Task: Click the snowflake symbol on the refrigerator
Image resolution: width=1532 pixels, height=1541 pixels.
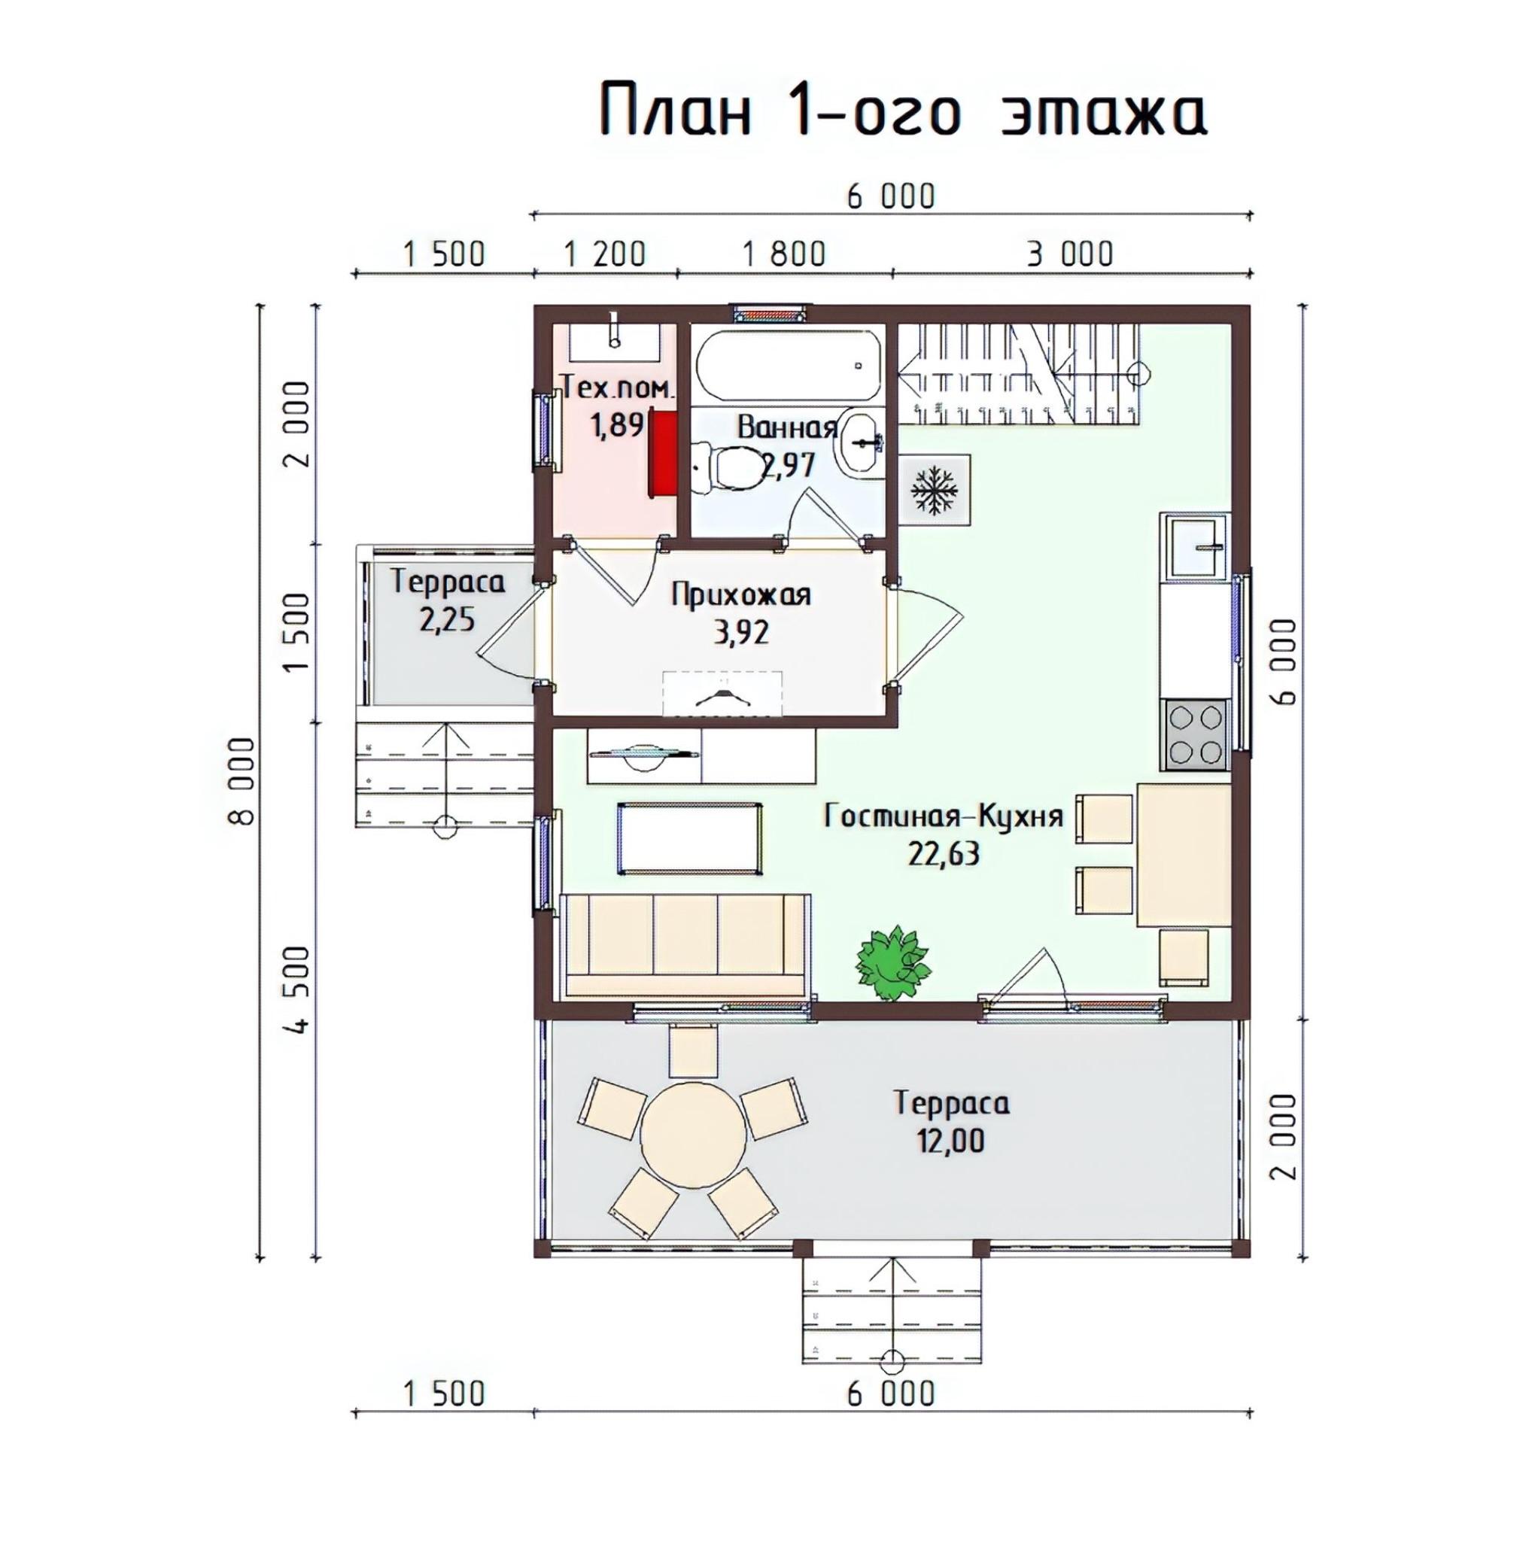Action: (935, 491)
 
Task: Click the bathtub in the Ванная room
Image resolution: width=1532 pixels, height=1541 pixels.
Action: (789, 366)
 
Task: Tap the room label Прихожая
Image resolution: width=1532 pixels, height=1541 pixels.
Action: (741, 595)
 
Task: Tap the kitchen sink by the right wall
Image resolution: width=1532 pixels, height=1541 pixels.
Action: (1198, 546)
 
